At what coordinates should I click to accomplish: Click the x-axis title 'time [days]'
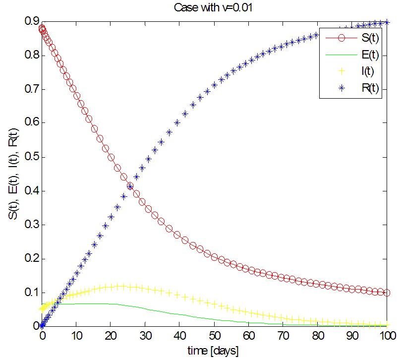214,351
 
